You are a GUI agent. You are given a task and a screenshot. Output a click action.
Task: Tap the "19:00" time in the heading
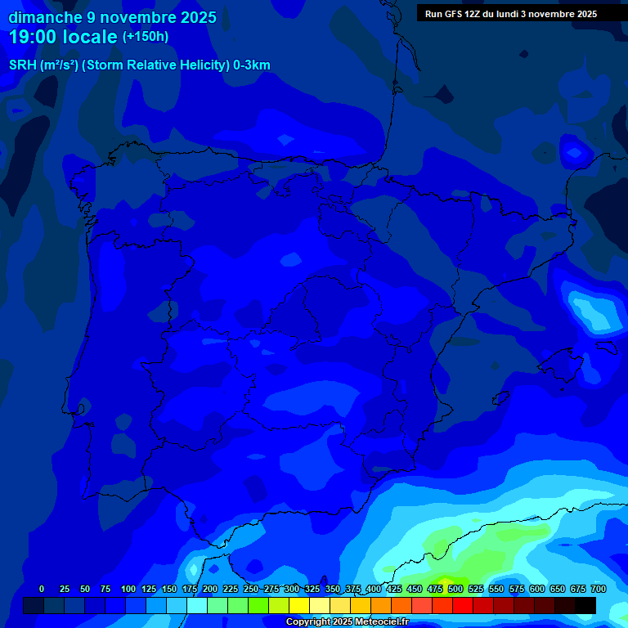pos(34,37)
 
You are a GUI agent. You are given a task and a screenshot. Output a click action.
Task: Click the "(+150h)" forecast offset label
pos(145,37)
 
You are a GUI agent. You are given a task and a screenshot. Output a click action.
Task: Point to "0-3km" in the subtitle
pos(252,65)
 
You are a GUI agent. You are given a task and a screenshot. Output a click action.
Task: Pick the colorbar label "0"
pos(42,589)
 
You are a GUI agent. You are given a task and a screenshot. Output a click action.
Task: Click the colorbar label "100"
pos(128,589)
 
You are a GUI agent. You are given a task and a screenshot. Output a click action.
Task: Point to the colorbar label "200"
pos(209,589)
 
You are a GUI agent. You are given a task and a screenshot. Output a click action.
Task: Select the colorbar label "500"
pos(455,589)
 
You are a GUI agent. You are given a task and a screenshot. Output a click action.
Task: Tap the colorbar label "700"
pos(598,589)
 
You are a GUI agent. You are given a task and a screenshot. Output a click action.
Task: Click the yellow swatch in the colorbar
pos(299,606)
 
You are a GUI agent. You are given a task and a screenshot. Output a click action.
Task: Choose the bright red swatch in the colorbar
pos(463,606)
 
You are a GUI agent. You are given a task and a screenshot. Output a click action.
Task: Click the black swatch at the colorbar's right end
pos(585,606)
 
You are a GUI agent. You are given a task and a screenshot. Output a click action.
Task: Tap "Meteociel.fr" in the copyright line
pos(380,622)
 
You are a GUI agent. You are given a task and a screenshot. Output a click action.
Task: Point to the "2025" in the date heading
pos(199,17)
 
